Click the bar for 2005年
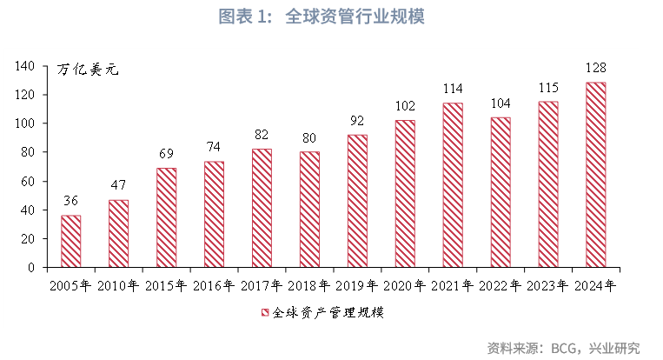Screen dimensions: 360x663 [x=71, y=241]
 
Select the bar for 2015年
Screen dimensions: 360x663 [x=166, y=217]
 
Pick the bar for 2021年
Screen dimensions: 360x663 [x=453, y=185]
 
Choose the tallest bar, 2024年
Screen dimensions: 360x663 [x=596, y=175]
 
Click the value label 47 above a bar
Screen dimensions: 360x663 [x=118, y=185]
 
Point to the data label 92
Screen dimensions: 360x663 [x=357, y=120]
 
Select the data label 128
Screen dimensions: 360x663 [x=596, y=68]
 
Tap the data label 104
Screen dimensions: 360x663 [x=501, y=103]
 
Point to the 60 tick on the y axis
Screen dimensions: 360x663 [x=27, y=181]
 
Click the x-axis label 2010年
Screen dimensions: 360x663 [x=119, y=284]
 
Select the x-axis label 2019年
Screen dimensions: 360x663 [x=357, y=284]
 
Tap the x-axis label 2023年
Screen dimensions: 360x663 [x=548, y=284]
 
